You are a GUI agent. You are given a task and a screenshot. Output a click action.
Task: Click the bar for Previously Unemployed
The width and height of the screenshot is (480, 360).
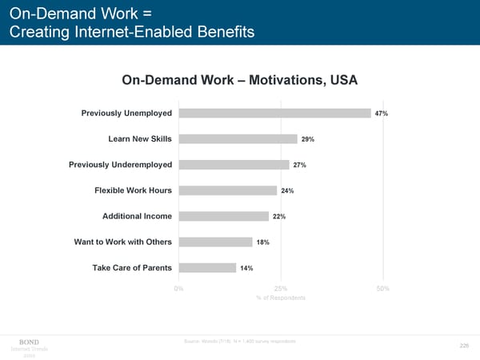click(x=274, y=114)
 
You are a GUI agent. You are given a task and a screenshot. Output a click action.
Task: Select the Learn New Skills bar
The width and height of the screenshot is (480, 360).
click(x=238, y=139)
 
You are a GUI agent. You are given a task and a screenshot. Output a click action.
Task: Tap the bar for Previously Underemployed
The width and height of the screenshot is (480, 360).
click(x=234, y=165)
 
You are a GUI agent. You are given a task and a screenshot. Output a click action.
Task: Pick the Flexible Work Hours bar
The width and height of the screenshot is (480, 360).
click(x=227, y=190)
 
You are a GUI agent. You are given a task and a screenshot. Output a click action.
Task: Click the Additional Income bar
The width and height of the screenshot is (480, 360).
click(x=223, y=216)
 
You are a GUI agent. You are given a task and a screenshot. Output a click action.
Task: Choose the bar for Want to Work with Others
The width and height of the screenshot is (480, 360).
click(x=214, y=242)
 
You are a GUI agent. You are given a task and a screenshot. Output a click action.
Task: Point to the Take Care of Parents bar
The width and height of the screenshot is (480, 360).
click(x=207, y=267)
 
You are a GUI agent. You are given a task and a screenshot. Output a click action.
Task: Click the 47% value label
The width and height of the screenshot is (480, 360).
click(x=382, y=114)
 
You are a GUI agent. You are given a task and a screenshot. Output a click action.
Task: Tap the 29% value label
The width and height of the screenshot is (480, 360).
click(x=308, y=139)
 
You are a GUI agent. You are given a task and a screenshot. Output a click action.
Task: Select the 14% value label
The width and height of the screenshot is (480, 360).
click(x=246, y=268)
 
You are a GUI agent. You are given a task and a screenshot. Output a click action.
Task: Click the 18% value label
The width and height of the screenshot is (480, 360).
click(x=262, y=242)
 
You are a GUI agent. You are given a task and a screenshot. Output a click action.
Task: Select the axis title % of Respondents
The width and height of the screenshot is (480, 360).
click(x=281, y=298)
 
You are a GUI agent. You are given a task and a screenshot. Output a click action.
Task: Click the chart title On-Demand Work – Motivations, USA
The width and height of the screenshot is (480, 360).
click(x=239, y=81)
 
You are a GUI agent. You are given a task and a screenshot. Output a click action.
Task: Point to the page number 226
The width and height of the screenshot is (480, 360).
click(x=463, y=346)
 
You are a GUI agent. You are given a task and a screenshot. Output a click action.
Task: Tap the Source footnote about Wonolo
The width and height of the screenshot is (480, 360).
click(x=240, y=342)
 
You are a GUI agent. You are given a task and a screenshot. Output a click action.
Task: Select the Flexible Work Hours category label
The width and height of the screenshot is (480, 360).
click(x=133, y=190)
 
